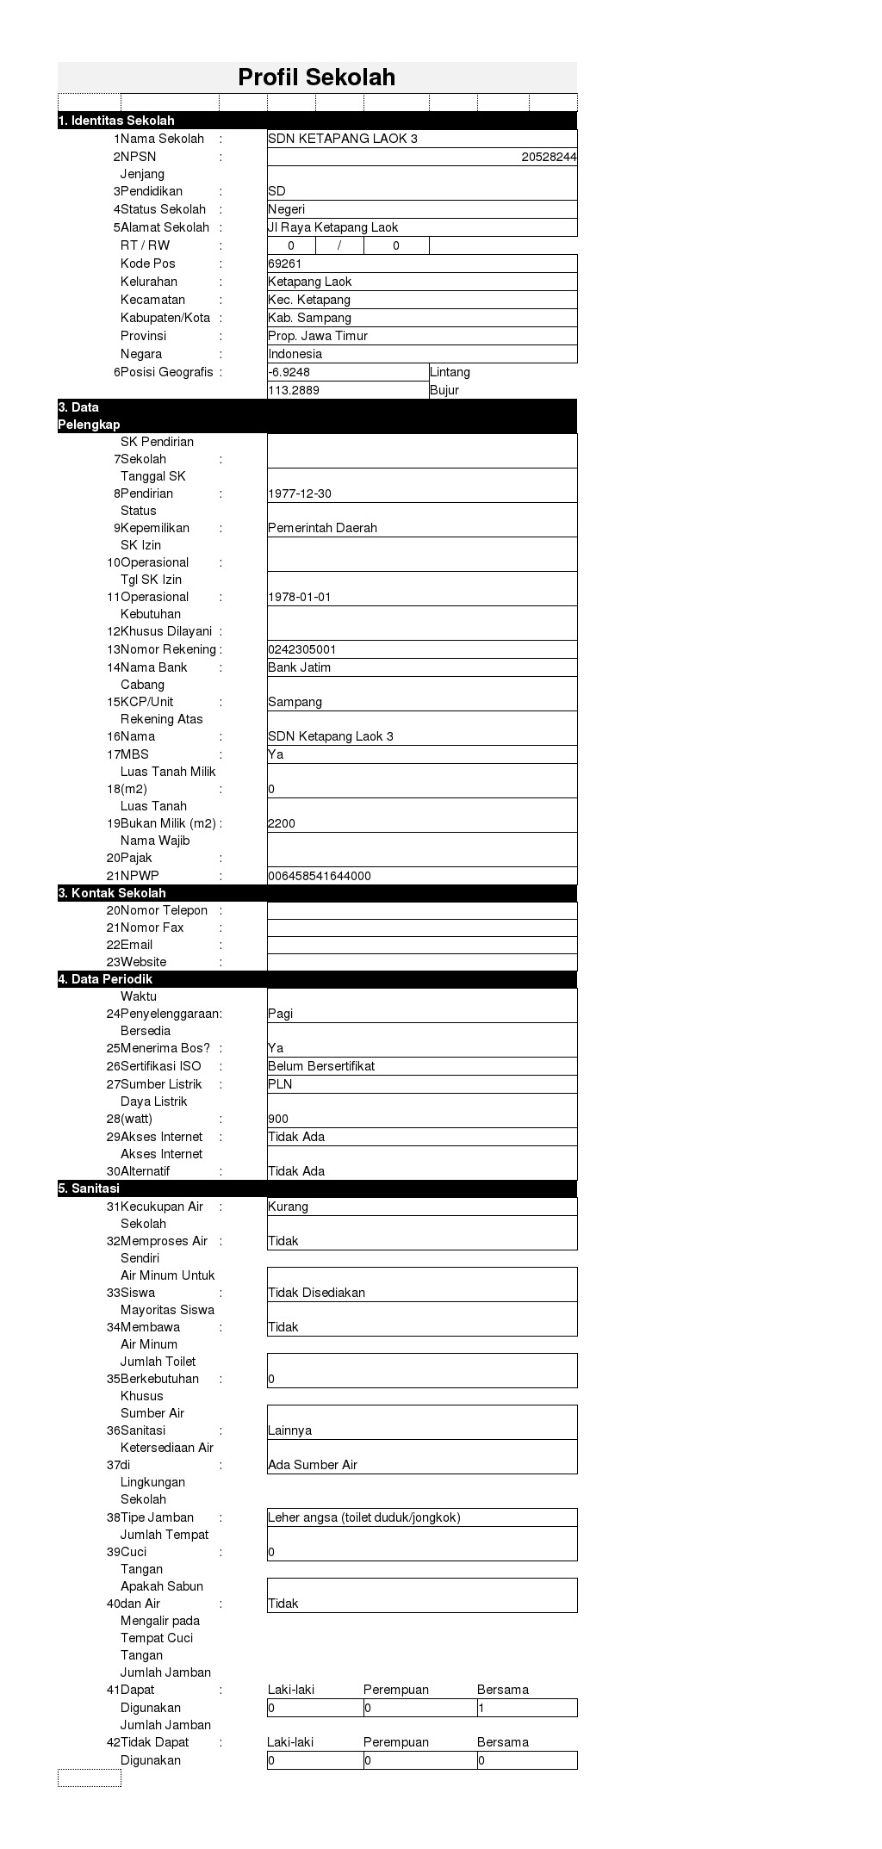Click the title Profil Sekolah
(316, 78)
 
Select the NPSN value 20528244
(549, 157)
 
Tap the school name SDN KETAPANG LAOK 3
(342, 139)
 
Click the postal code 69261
(285, 264)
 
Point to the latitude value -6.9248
(289, 372)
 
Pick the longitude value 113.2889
(294, 390)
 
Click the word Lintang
(450, 372)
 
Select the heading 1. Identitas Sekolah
(116, 121)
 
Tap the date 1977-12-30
(300, 493)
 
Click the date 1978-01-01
(300, 597)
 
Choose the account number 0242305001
(302, 649)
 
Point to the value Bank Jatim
(299, 667)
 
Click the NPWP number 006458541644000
(320, 876)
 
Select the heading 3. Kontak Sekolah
(112, 893)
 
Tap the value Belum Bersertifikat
(321, 1066)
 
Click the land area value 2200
(282, 823)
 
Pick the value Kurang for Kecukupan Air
(288, 1207)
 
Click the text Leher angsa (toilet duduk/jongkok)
(364, 1517)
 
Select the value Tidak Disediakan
(316, 1293)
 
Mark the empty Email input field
(422, 945)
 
